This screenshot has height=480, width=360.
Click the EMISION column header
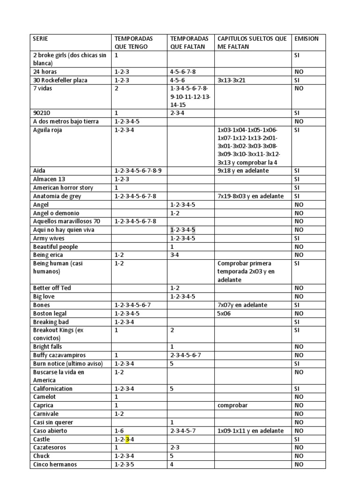click(x=306, y=38)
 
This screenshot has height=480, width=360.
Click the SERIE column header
click(x=40, y=38)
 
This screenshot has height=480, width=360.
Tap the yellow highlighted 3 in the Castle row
click(x=127, y=439)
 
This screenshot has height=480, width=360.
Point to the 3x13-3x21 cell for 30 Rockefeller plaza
click(x=231, y=80)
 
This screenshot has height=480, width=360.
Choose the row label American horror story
click(x=63, y=188)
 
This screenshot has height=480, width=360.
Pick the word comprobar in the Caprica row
click(x=232, y=405)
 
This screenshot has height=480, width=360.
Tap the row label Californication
click(x=53, y=389)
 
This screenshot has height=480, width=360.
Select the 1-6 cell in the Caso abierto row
click(x=119, y=431)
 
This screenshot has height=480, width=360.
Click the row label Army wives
click(x=49, y=238)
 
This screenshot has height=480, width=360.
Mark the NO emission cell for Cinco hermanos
click(x=299, y=465)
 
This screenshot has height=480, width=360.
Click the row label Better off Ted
click(x=52, y=288)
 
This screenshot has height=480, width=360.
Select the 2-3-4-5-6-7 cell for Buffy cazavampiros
click(x=186, y=355)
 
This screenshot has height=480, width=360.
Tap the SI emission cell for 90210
click(x=297, y=113)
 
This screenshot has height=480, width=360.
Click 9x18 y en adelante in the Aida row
click(x=243, y=171)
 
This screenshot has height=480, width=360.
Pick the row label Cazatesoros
click(x=49, y=448)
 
